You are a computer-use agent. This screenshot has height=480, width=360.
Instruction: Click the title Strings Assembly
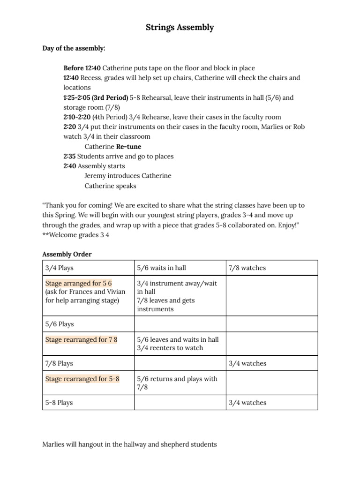point(180,28)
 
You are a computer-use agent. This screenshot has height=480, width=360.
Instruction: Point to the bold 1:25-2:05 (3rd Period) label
point(96,97)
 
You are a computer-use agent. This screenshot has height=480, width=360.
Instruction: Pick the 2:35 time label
point(69,157)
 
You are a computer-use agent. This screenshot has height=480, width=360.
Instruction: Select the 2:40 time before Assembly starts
point(69,166)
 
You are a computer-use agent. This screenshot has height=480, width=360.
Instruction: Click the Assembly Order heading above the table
point(67,255)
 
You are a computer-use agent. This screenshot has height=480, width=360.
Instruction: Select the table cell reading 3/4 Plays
point(60,268)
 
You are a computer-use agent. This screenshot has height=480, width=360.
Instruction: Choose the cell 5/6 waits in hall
point(161,268)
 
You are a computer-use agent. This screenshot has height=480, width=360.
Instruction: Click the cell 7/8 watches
point(247,268)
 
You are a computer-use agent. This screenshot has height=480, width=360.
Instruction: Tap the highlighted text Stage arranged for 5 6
point(78,284)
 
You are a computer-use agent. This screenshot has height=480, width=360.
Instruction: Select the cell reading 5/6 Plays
point(60,324)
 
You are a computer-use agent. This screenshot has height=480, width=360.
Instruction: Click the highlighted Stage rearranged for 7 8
point(81,339)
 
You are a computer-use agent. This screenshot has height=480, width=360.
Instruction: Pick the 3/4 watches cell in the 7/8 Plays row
point(247,363)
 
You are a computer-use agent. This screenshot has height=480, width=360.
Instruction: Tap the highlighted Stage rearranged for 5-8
point(82,379)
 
